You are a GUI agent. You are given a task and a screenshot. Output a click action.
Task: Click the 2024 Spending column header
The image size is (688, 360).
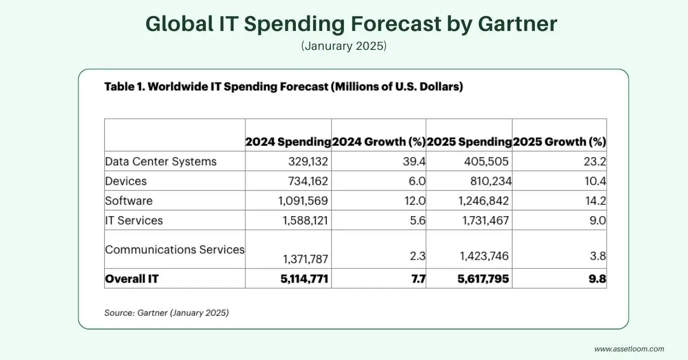(x=288, y=142)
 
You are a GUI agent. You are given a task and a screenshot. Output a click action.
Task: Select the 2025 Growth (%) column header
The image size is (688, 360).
(x=559, y=142)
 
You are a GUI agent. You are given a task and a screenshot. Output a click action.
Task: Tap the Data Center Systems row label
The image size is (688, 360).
(x=161, y=162)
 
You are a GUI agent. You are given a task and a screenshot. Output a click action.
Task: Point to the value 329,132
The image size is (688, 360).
(x=306, y=162)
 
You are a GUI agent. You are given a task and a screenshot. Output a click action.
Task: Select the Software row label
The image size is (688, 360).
(x=128, y=201)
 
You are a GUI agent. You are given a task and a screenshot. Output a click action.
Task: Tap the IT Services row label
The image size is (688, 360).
(x=134, y=220)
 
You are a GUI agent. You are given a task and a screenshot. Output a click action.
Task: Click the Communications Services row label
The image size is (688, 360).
(x=174, y=249)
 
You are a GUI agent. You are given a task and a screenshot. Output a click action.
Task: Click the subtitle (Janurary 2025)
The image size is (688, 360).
(x=343, y=45)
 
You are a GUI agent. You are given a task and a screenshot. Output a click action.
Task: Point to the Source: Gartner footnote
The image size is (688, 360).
(x=166, y=313)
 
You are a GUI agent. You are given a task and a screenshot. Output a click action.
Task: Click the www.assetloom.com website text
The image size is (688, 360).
(x=629, y=349)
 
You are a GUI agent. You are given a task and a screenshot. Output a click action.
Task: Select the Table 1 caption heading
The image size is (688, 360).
(x=283, y=88)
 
